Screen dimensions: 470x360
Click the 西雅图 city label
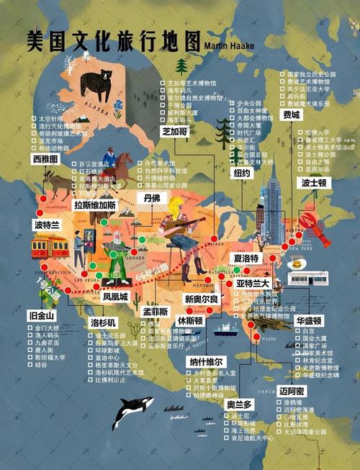[45, 158]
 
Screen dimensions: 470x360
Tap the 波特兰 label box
[48, 225]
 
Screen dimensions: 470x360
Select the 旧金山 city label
[42, 315]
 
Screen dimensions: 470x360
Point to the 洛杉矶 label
[103, 322]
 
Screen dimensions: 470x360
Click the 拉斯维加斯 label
[95, 204]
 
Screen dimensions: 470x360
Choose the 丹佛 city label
[151, 198]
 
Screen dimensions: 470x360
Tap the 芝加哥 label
[175, 132]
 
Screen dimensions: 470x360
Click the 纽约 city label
[241, 173]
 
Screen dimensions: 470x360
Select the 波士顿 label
[315, 183]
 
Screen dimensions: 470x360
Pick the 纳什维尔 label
[207, 361]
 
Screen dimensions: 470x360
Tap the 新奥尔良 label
[200, 299]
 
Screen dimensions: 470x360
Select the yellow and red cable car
[50, 246]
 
